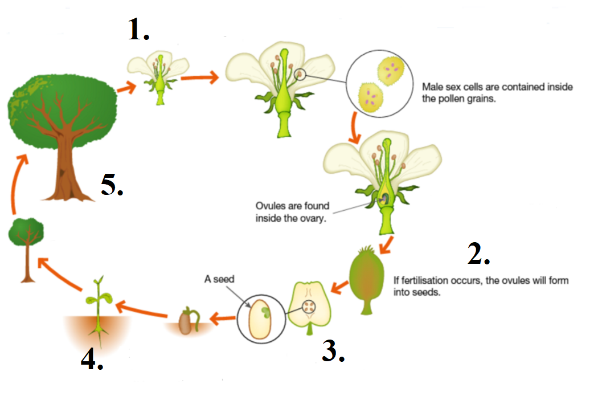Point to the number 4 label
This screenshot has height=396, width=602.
pyautogui.click(x=92, y=358)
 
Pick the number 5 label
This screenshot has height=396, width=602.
pyautogui.click(x=112, y=185)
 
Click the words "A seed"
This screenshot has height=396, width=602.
pyautogui.click(x=219, y=279)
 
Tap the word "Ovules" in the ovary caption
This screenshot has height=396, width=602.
pyautogui.click(x=271, y=206)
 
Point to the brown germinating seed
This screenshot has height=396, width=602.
pyautogui.click(x=186, y=322)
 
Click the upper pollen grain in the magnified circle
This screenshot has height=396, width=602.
pyautogui.click(x=389, y=73)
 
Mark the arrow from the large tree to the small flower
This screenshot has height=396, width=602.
pyautogui.click(x=126, y=87)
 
